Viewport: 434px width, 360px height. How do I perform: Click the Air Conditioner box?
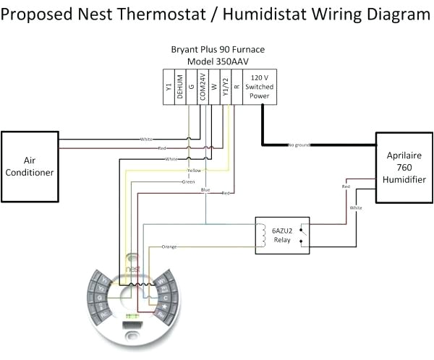click(x=30, y=166)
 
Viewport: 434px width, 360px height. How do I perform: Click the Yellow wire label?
click(x=193, y=171)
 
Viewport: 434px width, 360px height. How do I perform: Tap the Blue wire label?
click(x=205, y=189)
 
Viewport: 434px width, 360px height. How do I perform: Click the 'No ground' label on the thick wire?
click(x=299, y=145)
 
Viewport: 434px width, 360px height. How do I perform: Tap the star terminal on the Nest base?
click(x=166, y=307)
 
